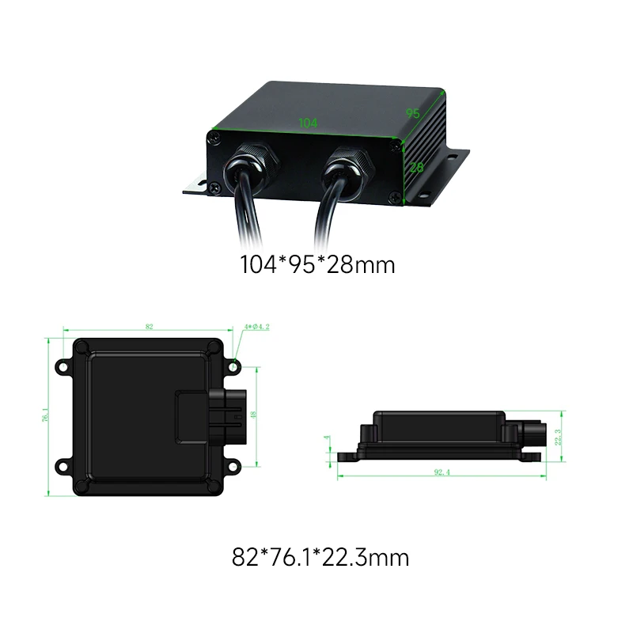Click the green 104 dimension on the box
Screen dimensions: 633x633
309,123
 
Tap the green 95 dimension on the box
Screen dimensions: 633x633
413,113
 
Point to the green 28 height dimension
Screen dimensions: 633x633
417,167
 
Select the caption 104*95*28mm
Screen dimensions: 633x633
317,264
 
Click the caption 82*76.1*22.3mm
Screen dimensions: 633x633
320,558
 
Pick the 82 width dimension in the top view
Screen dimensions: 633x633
149,326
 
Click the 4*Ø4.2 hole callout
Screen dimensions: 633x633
258,326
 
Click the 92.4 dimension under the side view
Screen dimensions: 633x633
441,472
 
